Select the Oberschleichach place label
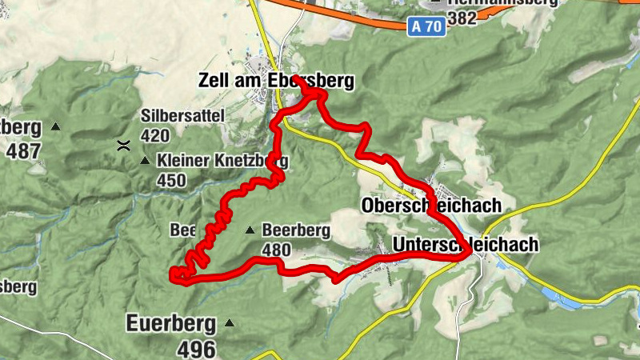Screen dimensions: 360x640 [x=431, y=205]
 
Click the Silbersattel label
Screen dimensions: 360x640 [x=182, y=115]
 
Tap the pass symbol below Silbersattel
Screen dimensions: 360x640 [x=123, y=146]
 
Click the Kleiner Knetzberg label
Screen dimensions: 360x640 [x=222, y=161]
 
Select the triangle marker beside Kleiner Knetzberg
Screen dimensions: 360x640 [x=145, y=161]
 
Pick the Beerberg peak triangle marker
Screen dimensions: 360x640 [x=250, y=230]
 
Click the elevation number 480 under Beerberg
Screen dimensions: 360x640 [x=276, y=250]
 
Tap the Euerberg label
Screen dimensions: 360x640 [x=171, y=324]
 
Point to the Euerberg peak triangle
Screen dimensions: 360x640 [x=230, y=323]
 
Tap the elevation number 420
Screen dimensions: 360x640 [x=155, y=135]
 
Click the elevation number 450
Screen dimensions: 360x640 [x=171, y=181]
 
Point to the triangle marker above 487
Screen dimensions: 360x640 [x=55, y=126]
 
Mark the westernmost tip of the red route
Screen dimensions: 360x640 [x=172, y=276]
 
